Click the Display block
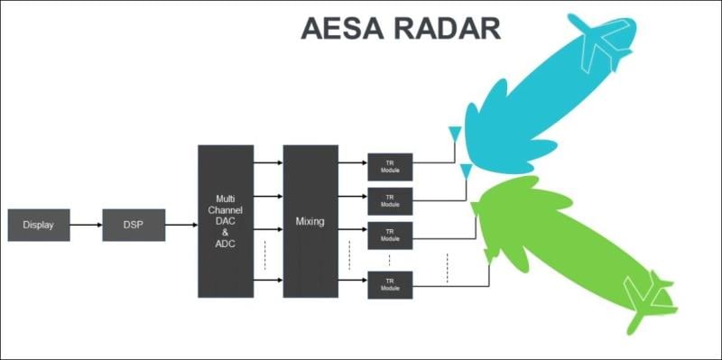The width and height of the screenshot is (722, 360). [39, 225]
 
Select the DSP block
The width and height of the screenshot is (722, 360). [134, 225]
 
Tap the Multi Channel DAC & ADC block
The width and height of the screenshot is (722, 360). [226, 221]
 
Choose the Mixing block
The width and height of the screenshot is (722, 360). [310, 221]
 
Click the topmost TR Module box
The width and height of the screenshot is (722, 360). [390, 166]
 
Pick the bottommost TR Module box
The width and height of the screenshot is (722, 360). [390, 284]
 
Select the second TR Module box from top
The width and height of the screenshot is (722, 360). [390, 200]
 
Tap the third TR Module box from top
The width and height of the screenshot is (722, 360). [390, 235]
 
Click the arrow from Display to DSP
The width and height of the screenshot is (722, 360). [86, 225]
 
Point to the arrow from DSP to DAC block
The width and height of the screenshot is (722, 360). [181, 225]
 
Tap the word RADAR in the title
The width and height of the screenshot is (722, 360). [451, 28]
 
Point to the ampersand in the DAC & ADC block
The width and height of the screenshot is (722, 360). [226, 232]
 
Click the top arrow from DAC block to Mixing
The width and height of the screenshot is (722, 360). [268, 163]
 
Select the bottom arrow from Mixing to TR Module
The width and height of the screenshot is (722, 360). [352, 282]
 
